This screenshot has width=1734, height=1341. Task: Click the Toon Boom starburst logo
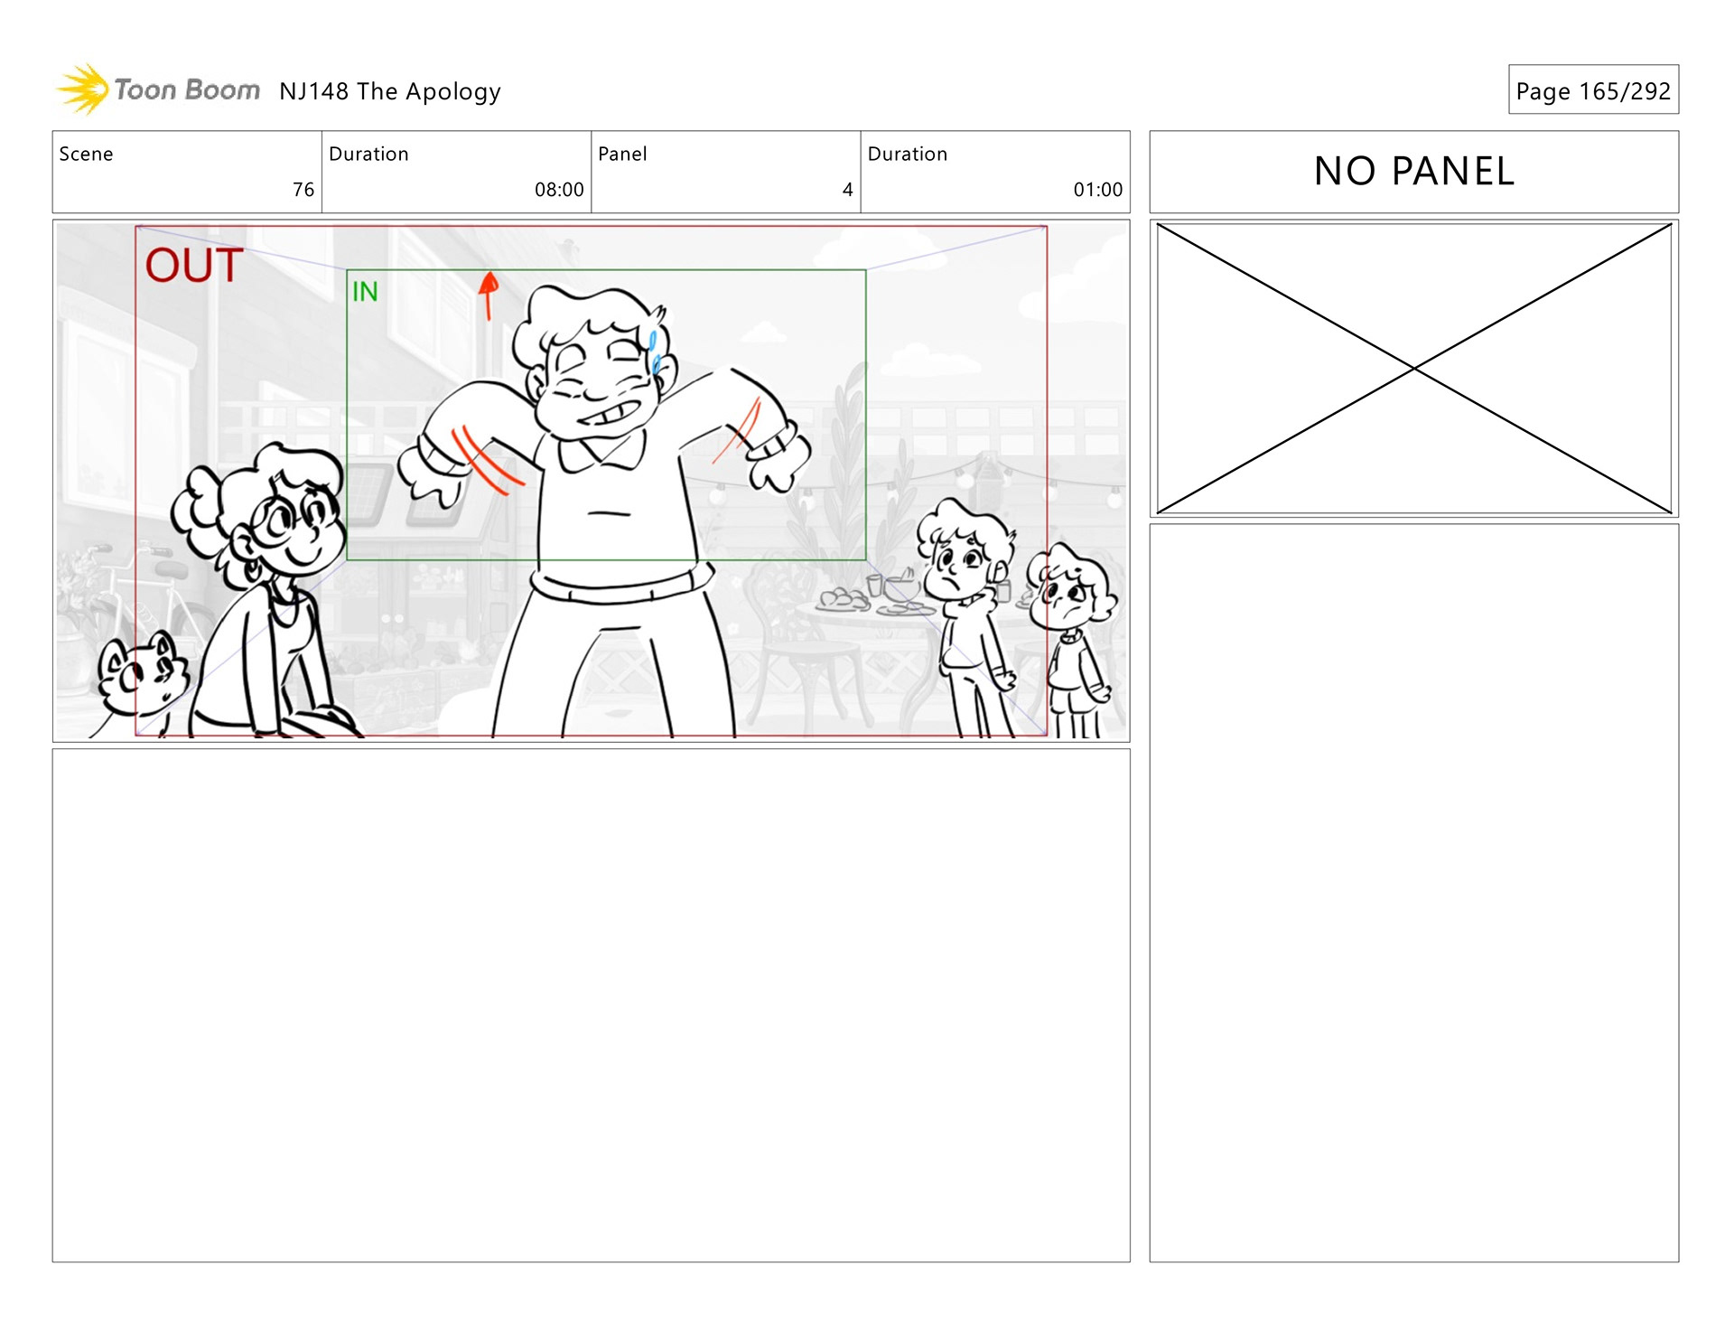(84, 89)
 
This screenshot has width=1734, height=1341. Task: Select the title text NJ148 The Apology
(389, 91)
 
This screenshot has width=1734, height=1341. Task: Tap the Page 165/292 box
(1593, 89)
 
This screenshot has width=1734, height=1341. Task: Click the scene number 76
(303, 190)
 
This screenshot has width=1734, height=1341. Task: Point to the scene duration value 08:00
(559, 190)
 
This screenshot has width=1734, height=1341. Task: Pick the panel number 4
(847, 190)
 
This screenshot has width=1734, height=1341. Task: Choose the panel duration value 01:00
(1097, 190)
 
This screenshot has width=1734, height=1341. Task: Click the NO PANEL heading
(1414, 171)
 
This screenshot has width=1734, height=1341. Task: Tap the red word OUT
(193, 265)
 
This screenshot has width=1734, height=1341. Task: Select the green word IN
(365, 291)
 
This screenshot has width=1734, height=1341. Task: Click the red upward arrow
(489, 295)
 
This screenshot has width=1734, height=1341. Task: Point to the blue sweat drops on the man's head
(655, 352)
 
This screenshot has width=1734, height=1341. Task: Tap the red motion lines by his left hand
(488, 459)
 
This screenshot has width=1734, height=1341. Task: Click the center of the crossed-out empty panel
(1414, 369)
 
